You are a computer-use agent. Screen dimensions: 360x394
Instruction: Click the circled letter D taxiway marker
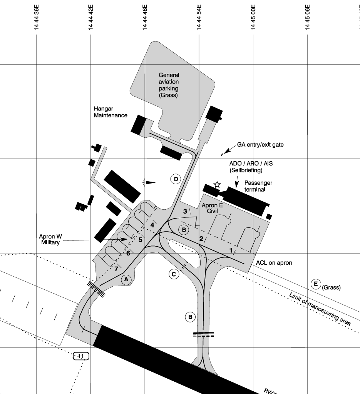point(176,179)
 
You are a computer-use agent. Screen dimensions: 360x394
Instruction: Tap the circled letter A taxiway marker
point(126,279)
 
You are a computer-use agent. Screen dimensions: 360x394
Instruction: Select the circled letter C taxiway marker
point(174,274)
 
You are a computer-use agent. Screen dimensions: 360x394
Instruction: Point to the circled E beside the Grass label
point(316,284)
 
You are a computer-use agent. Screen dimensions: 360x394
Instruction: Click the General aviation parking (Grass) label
point(169,85)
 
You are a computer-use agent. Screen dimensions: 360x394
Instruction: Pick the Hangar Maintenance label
point(111,112)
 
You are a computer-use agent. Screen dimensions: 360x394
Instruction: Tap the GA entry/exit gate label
point(260,145)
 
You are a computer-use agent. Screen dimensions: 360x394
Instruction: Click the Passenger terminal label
point(258,186)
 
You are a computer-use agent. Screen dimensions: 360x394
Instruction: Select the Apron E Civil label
point(212,208)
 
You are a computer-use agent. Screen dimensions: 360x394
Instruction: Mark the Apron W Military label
point(50,239)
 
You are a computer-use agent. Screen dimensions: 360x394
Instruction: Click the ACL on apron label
point(274,263)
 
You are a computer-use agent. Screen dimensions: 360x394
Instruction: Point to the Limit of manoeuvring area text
point(320,309)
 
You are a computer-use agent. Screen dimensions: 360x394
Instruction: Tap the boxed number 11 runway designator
point(81,356)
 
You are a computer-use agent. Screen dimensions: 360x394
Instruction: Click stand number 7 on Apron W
point(116,269)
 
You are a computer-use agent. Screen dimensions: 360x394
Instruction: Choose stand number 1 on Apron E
point(231,250)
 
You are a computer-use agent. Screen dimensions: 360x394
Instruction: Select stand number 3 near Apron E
point(185,211)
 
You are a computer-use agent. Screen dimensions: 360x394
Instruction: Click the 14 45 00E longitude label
point(253,17)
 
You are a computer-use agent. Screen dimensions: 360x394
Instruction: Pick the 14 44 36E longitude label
point(37,17)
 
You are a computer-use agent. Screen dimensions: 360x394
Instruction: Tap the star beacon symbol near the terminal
point(217,185)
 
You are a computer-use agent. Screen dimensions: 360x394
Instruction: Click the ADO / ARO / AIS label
point(251,164)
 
